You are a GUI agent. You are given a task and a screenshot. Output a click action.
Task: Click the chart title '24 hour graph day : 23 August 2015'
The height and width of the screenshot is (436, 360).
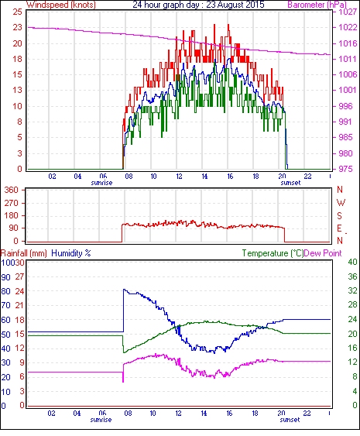[x=198, y=5]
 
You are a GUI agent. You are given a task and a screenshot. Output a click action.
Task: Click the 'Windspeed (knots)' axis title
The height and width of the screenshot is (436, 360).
[x=60, y=5]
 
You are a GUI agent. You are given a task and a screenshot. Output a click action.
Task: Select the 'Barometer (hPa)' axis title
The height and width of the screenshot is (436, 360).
[x=317, y=5]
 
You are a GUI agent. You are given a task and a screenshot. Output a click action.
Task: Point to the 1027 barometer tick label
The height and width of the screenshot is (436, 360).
[x=348, y=12]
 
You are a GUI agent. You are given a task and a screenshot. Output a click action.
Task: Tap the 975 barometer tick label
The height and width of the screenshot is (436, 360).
[x=345, y=169]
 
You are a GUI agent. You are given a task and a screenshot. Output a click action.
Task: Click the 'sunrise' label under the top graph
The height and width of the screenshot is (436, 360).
[x=101, y=183]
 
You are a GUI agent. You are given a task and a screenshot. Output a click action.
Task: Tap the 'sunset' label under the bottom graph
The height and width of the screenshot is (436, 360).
[x=290, y=420]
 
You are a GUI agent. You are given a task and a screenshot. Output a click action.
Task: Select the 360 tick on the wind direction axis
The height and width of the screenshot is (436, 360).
[x=12, y=191]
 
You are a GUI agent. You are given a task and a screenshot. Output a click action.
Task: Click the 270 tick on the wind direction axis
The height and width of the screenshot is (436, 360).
[x=12, y=203]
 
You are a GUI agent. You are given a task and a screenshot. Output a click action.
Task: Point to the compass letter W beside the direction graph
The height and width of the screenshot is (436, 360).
[x=341, y=202]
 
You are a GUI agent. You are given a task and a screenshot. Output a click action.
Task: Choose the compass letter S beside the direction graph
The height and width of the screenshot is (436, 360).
[x=339, y=215]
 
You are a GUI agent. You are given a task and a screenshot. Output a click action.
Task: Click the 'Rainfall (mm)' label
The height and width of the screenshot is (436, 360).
[x=24, y=253]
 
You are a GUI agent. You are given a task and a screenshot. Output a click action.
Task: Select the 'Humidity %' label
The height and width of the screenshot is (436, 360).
[x=71, y=253]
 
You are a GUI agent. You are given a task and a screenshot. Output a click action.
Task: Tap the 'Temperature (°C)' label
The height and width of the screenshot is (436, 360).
[x=273, y=253]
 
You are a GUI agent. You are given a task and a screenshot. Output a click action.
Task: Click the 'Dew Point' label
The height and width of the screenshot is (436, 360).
[x=323, y=253]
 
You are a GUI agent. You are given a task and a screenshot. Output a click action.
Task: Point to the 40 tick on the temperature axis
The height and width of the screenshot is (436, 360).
[x=352, y=262]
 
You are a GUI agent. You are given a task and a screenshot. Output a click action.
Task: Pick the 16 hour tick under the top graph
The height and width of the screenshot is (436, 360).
[x=230, y=177]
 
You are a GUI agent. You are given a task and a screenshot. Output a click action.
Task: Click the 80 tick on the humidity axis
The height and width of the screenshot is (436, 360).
[x=6, y=291]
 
